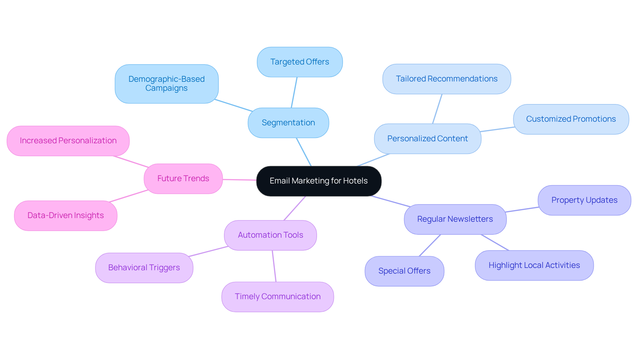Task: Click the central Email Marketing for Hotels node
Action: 319,181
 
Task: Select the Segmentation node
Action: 288,123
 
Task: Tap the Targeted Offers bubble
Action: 299,62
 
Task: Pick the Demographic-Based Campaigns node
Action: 166,84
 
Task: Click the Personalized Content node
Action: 427,139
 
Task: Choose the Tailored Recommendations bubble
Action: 446,79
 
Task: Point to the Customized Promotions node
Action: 571,119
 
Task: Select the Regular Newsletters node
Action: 455,219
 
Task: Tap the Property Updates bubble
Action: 584,200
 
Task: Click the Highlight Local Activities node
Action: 534,265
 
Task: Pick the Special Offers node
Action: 404,271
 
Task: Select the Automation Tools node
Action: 270,235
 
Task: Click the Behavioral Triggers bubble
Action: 144,268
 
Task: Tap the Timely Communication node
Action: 277,297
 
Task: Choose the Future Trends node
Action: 183,179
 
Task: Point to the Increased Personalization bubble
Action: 68,141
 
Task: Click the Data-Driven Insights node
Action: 65,215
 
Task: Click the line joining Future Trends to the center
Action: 239,180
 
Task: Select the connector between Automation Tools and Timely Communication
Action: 274,266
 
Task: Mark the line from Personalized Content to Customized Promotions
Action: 497,129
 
